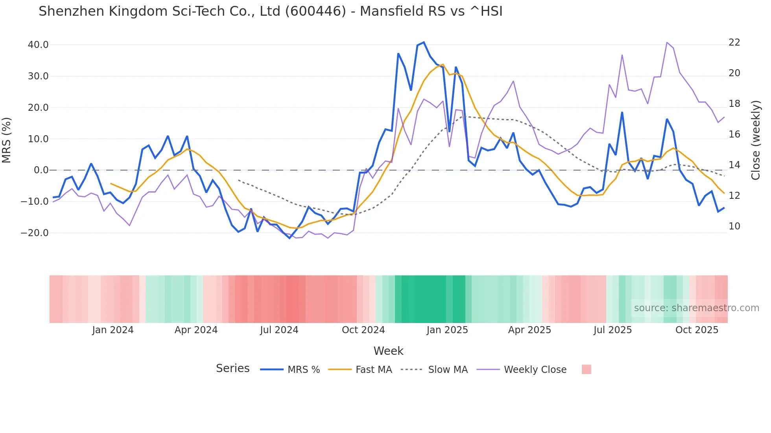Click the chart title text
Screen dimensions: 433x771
pyautogui.click(x=270, y=11)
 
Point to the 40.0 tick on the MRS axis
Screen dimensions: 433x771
pyautogui.click(x=38, y=45)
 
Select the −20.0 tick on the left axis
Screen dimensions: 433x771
pyautogui.click(x=35, y=233)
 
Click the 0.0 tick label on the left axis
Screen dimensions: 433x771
pyautogui.click(x=41, y=170)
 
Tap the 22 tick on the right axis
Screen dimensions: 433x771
pyautogui.click(x=734, y=42)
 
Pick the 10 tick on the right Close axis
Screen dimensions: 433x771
pyautogui.click(x=734, y=226)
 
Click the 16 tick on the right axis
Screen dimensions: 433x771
pyautogui.click(x=734, y=134)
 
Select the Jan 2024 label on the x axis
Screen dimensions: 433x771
pyautogui.click(x=113, y=330)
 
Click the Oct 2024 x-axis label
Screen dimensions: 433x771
pyautogui.click(x=363, y=330)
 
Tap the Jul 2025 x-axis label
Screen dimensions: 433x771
pyautogui.click(x=612, y=330)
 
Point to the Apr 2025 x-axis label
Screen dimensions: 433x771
pyautogui.click(x=529, y=330)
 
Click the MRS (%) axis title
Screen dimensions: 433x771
pyautogui.click(x=7, y=140)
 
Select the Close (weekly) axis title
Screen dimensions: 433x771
pyautogui.click(x=755, y=140)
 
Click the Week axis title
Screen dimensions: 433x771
pyautogui.click(x=388, y=351)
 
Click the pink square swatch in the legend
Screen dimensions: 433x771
pyautogui.click(x=586, y=369)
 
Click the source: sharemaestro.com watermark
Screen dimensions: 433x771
pyautogui.click(x=696, y=308)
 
